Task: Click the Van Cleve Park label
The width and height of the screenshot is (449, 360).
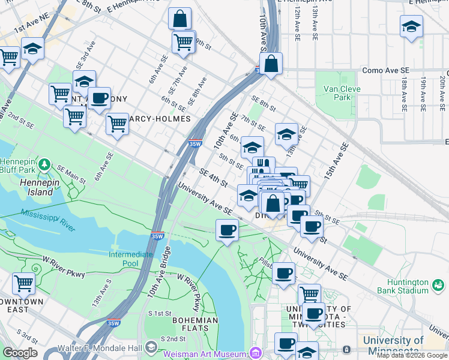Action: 337,93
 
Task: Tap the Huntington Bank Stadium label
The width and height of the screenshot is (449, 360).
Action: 414,291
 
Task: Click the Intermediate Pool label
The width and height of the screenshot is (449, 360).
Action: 130,259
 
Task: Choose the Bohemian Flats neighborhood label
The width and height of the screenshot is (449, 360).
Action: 194,325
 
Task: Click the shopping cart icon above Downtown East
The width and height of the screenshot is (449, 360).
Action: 23,282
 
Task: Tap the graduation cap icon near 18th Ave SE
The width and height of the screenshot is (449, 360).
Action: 411,26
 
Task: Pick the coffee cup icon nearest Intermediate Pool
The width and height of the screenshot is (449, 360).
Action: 227,230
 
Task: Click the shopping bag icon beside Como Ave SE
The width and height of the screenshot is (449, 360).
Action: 271,64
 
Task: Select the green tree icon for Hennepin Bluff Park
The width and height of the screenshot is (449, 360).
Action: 44,164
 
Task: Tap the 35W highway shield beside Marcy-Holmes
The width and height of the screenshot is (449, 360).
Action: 194,143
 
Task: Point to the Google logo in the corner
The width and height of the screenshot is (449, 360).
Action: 20,352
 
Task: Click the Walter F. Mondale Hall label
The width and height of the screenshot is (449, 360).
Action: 99,348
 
